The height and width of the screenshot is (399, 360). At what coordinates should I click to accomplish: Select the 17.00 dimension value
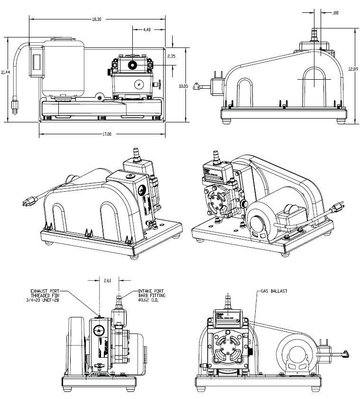click(107, 134)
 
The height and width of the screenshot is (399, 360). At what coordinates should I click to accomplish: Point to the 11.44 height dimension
click(5, 72)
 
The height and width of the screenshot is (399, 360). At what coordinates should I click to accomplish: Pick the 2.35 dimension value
click(172, 56)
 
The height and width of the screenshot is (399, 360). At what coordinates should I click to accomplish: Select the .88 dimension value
click(335, 13)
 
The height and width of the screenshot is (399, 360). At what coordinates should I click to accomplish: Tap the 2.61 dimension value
click(109, 280)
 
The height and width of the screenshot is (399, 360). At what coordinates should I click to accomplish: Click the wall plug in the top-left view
click(15, 108)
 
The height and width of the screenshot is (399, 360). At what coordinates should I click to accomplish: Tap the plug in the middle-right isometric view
click(337, 208)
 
